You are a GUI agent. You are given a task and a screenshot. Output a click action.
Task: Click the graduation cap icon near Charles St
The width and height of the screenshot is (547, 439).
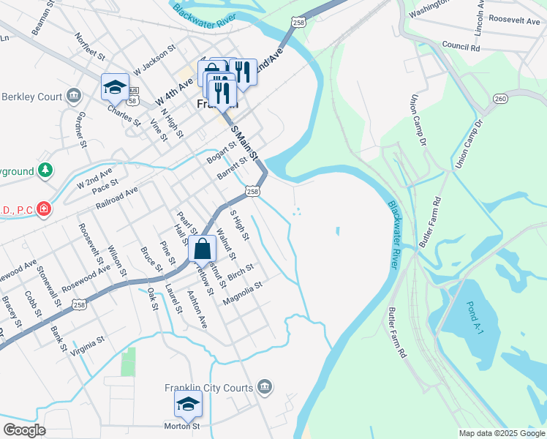[x=115, y=87]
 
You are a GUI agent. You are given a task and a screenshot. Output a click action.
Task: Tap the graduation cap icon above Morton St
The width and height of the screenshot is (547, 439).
[x=188, y=404]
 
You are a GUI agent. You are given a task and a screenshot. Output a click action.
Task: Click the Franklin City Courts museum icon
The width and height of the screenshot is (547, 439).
[x=265, y=387]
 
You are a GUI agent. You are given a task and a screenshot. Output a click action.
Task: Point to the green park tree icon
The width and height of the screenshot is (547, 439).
[x=45, y=170]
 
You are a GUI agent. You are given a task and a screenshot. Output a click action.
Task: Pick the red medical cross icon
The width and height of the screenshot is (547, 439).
[x=45, y=209]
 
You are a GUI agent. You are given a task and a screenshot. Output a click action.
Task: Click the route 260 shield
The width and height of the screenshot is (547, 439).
[x=500, y=99]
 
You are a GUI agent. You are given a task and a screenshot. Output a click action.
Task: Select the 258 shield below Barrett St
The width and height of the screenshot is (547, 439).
[x=252, y=191]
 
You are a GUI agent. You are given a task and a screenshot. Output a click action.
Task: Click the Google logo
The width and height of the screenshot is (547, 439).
[x=24, y=430]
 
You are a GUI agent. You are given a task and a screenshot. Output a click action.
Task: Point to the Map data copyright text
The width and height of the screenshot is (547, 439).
[x=502, y=433]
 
